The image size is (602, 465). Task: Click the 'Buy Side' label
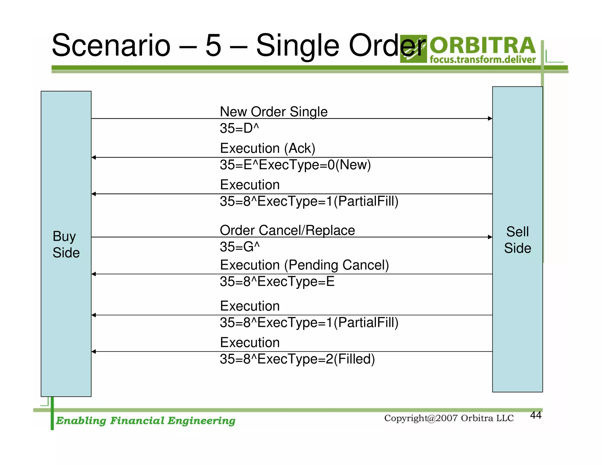(x=66, y=244)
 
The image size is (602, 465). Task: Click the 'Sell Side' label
(x=517, y=240)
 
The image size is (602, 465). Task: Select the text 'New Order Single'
(x=273, y=112)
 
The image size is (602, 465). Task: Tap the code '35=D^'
(x=239, y=128)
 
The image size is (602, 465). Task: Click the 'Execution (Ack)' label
(x=267, y=148)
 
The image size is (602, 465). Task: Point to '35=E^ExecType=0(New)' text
(x=295, y=165)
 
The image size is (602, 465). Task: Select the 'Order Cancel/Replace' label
(x=287, y=230)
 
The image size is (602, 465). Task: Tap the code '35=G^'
(x=240, y=247)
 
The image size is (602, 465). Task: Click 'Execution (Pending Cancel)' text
(x=304, y=265)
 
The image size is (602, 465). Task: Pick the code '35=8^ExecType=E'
(x=277, y=282)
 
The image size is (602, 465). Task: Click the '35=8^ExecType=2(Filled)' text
(x=297, y=359)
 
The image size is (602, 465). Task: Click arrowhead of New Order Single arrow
(x=490, y=118)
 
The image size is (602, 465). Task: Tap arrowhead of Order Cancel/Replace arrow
(x=490, y=237)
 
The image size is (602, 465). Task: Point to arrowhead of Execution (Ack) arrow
(x=94, y=158)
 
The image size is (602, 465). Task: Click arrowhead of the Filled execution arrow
(x=94, y=352)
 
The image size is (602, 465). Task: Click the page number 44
(x=536, y=415)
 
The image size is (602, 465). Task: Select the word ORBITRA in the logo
(x=483, y=46)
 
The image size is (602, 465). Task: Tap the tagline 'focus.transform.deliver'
(x=482, y=60)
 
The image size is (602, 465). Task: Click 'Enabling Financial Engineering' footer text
(x=146, y=421)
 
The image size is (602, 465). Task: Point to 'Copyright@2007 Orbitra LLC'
(x=449, y=418)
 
